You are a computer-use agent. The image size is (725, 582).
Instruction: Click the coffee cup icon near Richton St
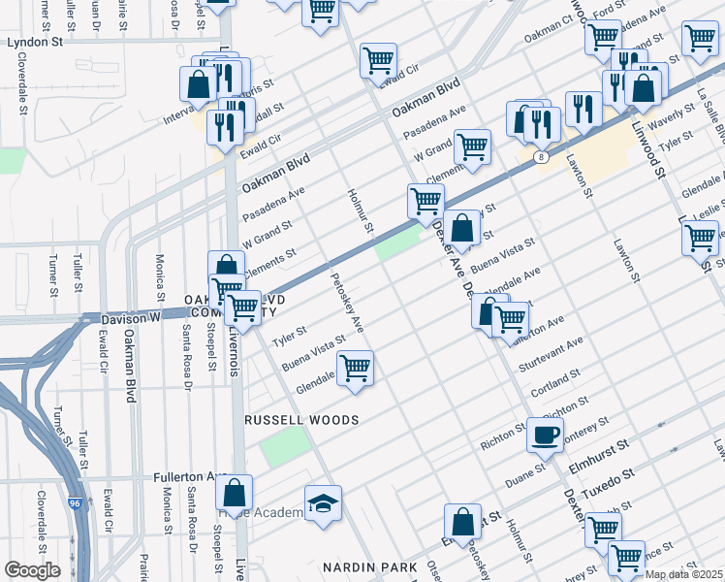(x=544, y=434)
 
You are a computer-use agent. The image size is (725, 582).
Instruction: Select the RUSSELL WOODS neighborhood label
(x=301, y=420)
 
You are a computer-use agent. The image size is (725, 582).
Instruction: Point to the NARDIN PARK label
(x=383, y=566)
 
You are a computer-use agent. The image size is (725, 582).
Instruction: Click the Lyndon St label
(x=35, y=44)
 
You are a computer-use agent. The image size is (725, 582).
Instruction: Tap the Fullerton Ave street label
(x=190, y=477)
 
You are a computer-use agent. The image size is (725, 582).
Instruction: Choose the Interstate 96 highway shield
(x=76, y=503)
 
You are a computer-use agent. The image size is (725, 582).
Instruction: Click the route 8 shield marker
(x=539, y=155)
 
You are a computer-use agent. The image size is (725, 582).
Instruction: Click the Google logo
(x=32, y=570)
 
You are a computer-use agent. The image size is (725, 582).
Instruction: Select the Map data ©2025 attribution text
(x=683, y=574)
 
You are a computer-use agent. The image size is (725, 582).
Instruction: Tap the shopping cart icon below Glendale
(x=356, y=369)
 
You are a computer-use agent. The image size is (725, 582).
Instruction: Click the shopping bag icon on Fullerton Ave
(x=234, y=492)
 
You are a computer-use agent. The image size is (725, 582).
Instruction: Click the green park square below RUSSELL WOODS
(x=284, y=444)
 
